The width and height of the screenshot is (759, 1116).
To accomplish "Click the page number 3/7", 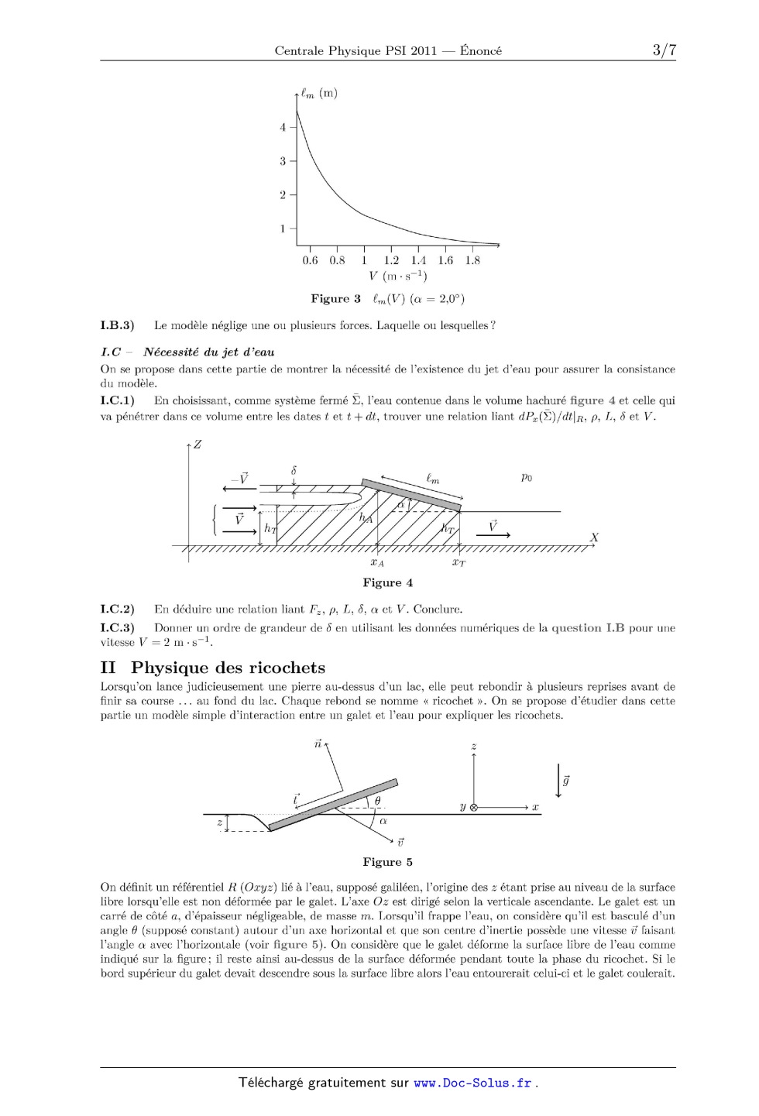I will point(664,50).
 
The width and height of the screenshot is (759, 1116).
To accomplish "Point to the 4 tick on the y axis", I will point(283,127).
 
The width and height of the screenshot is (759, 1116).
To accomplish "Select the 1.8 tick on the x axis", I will point(472,260).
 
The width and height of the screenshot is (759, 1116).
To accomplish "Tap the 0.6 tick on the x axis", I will point(310,260).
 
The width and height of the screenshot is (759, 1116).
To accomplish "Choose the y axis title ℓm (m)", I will point(319,94).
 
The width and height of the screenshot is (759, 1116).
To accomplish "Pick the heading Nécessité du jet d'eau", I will point(208,352).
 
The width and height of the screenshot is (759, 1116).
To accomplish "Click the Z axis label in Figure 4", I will point(197,445).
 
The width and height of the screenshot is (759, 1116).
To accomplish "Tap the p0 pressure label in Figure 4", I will point(527,477).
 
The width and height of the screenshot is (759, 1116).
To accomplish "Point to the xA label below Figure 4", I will point(376,562).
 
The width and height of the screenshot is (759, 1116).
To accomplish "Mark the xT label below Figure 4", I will point(459,562).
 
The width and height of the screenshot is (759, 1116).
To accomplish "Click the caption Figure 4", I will point(387,582).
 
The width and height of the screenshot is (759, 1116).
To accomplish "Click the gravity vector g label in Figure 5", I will point(566,781).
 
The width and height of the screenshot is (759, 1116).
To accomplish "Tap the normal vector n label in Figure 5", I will point(318,743).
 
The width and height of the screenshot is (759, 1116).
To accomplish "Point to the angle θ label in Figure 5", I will point(377,801).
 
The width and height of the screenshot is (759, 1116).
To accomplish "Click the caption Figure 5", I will point(387,862).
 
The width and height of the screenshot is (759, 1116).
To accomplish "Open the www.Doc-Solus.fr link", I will point(472,1083).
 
